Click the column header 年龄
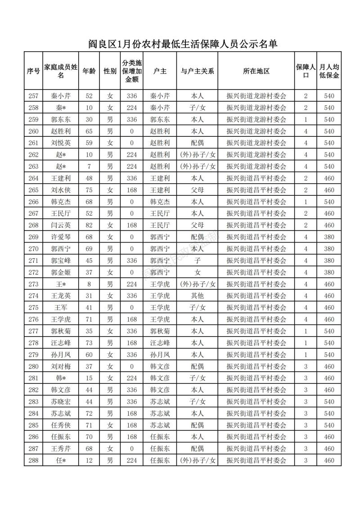[x=89, y=71]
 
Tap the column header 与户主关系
[x=197, y=71]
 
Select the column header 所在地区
[x=256, y=71]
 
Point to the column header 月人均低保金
[x=329, y=71]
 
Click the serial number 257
[x=33, y=96]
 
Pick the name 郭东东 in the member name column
[x=61, y=120]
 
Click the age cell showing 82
[x=89, y=225]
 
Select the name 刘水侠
[x=61, y=190]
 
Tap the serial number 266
[x=33, y=202]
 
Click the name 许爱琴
[x=61, y=237]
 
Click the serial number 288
[x=33, y=460]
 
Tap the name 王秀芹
[x=61, y=448]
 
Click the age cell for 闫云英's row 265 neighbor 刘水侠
[x=89, y=190]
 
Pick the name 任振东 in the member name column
[x=61, y=437]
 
